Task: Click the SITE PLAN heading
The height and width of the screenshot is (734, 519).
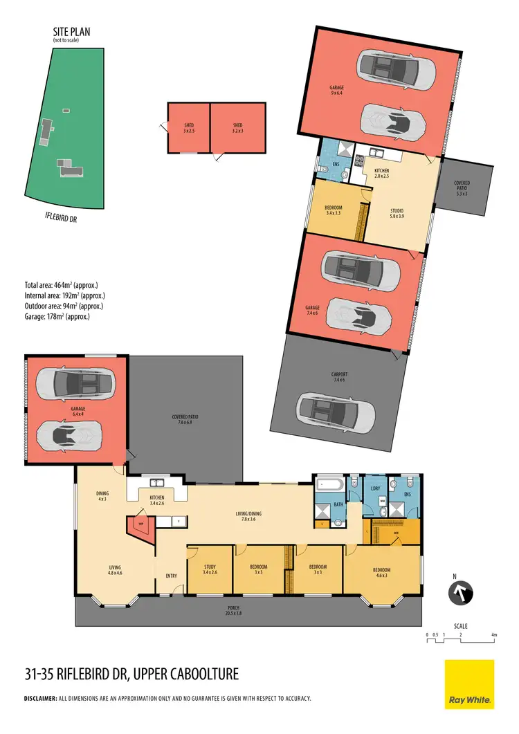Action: point(71,32)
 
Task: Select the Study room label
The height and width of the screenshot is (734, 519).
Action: point(210,569)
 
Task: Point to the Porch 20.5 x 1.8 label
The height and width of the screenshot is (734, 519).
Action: point(246,611)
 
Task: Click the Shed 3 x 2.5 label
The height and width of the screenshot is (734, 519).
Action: point(188,127)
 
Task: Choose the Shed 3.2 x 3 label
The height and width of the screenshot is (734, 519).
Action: point(237,127)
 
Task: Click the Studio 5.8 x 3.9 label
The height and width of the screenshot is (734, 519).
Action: point(397,214)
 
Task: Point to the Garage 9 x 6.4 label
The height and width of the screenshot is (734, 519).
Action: point(336,90)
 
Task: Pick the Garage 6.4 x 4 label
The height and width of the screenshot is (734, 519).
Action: point(77,411)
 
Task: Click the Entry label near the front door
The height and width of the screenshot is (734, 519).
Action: point(172,576)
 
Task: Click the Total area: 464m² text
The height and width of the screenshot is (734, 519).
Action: point(61,285)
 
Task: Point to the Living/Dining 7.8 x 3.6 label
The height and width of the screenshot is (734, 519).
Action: point(248,515)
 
